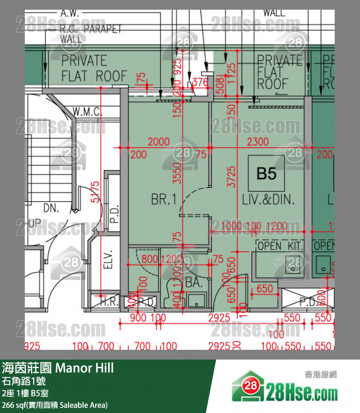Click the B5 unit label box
[x=266, y=173]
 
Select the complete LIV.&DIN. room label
[x=269, y=199]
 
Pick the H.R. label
[x=109, y=302]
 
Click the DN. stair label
[x=51, y=208]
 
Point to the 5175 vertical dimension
[x=96, y=191]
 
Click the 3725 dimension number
[x=232, y=176]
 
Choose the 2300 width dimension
[x=257, y=142]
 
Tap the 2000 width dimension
[x=159, y=142]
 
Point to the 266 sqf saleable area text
[x=54, y=405]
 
